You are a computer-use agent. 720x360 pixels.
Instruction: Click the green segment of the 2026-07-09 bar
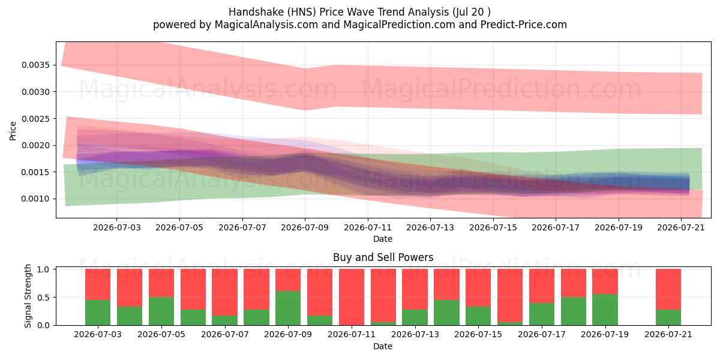[x=288, y=308]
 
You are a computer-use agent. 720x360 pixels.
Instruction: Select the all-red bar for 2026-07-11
[x=352, y=297]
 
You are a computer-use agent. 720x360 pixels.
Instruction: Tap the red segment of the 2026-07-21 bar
[x=668, y=289]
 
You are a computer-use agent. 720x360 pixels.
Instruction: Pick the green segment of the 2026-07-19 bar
[x=605, y=310]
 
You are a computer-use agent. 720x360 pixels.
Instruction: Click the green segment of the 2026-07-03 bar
[x=98, y=313]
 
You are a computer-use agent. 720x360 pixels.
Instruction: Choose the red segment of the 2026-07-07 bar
[x=224, y=292]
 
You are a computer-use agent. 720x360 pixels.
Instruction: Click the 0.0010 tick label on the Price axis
[x=35, y=199]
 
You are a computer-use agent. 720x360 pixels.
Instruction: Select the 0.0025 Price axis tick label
[x=35, y=119]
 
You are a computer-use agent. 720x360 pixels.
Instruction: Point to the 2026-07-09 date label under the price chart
[x=305, y=227]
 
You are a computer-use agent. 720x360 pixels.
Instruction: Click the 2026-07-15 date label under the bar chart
[x=478, y=334]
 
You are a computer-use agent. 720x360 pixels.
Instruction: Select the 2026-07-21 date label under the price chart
[x=681, y=227]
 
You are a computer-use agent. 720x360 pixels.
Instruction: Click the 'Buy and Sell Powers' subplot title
[x=383, y=257]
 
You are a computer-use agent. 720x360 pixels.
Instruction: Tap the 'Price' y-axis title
[x=13, y=131]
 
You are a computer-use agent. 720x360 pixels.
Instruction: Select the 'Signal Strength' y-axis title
[x=28, y=296]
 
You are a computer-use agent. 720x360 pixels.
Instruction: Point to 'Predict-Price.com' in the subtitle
[x=524, y=25]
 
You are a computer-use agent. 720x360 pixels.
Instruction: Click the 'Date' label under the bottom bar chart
[x=383, y=346]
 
